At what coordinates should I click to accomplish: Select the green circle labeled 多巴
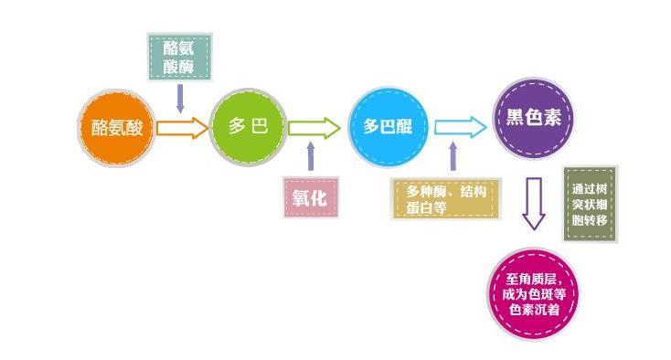(x=249, y=126)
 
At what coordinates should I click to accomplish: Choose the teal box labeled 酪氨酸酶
(x=180, y=58)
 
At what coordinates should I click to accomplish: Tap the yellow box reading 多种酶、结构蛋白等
(x=447, y=198)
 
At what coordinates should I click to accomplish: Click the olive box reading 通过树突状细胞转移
(x=589, y=205)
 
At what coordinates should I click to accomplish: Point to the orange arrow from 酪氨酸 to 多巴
(x=183, y=127)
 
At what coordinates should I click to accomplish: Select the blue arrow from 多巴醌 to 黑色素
(x=459, y=127)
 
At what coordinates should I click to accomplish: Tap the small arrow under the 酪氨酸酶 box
(x=180, y=97)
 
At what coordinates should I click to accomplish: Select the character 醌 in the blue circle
(x=404, y=127)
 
